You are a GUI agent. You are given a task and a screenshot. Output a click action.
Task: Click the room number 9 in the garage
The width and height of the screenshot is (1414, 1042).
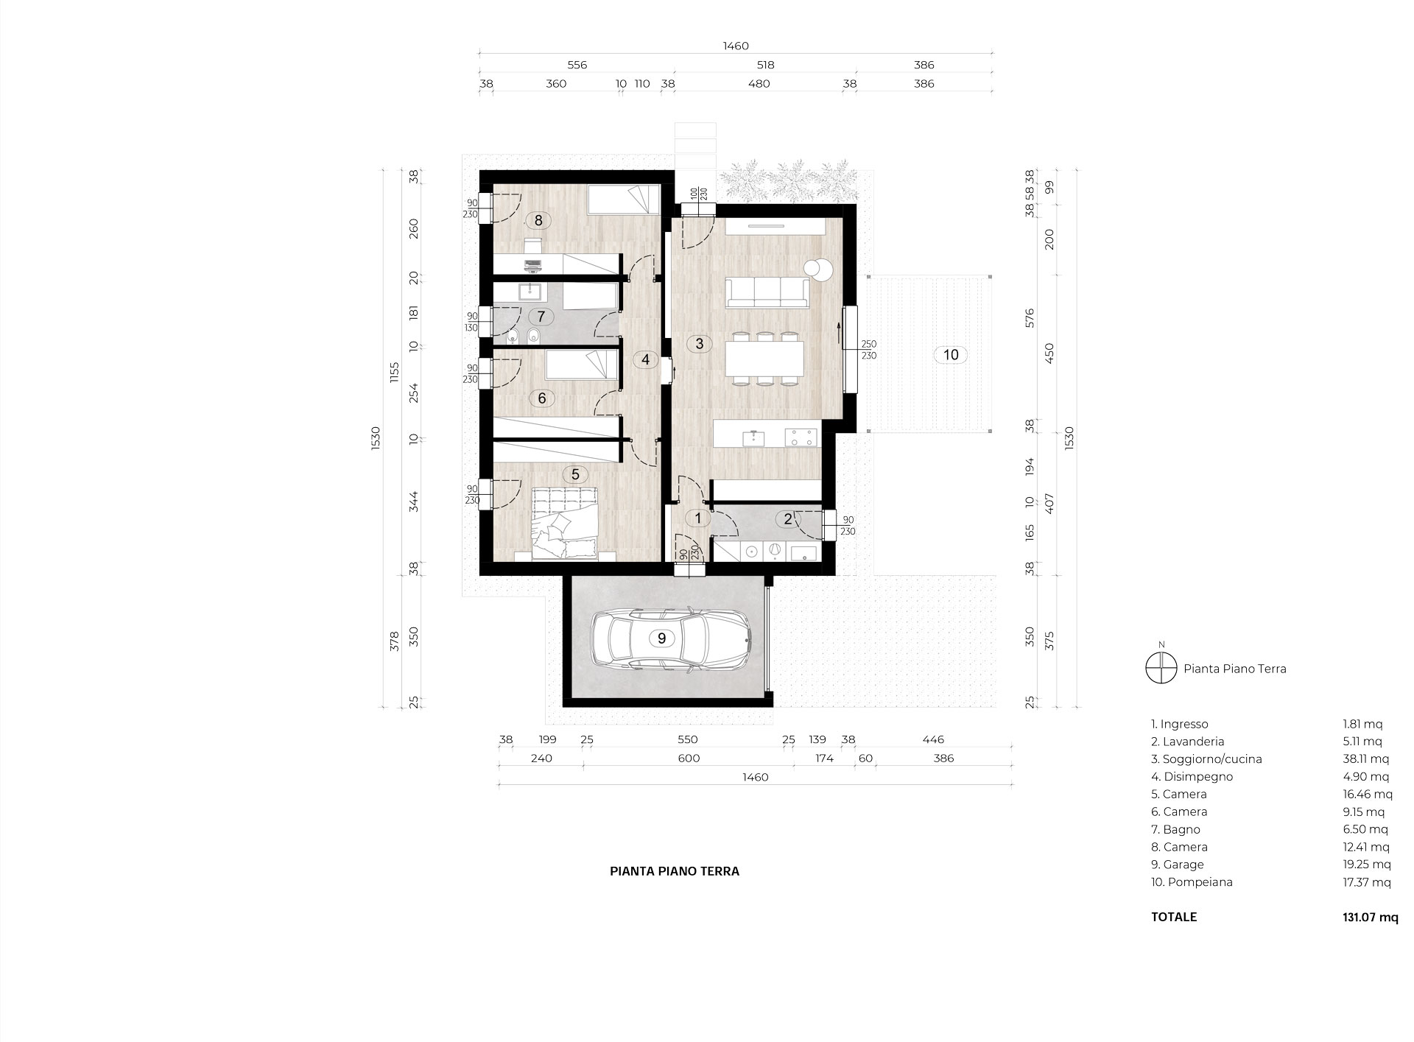tap(661, 638)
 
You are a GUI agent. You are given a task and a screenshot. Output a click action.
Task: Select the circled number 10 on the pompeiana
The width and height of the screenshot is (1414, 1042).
tap(951, 355)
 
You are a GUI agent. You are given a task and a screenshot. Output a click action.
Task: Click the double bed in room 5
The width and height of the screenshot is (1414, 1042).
tap(564, 523)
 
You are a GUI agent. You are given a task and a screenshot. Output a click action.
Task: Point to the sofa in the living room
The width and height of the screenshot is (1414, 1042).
tap(767, 292)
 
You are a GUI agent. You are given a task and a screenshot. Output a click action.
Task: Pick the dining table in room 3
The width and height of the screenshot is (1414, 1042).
tap(762, 359)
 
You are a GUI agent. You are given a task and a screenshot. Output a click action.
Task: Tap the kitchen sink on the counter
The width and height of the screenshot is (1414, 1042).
tap(753, 437)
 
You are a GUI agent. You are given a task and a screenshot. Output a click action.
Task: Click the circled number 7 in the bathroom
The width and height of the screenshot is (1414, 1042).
tap(541, 317)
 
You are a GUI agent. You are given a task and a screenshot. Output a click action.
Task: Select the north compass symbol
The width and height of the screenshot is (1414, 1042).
tap(1161, 669)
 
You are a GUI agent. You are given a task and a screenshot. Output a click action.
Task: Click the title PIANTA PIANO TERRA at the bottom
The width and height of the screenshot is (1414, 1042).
tap(675, 871)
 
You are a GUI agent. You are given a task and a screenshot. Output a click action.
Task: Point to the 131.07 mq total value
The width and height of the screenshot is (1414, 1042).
tap(1369, 917)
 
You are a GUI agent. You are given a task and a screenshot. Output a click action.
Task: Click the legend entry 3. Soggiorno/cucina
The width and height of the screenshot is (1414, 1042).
tap(1206, 759)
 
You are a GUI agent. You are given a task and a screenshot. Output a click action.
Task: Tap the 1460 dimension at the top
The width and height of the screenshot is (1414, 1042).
tap(736, 46)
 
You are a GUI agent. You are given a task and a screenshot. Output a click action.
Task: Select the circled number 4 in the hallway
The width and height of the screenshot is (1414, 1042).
tap(646, 360)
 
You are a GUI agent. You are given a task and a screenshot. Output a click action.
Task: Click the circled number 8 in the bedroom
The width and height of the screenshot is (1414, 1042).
tap(538, 219)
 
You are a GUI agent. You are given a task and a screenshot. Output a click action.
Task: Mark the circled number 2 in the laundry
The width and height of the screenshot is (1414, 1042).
tap(788, 519)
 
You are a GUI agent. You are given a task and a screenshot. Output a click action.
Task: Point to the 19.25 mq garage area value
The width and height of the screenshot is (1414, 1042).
tap(1367, 865)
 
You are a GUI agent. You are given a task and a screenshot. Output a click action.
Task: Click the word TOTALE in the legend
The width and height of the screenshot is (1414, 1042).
tap(1174, 917)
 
